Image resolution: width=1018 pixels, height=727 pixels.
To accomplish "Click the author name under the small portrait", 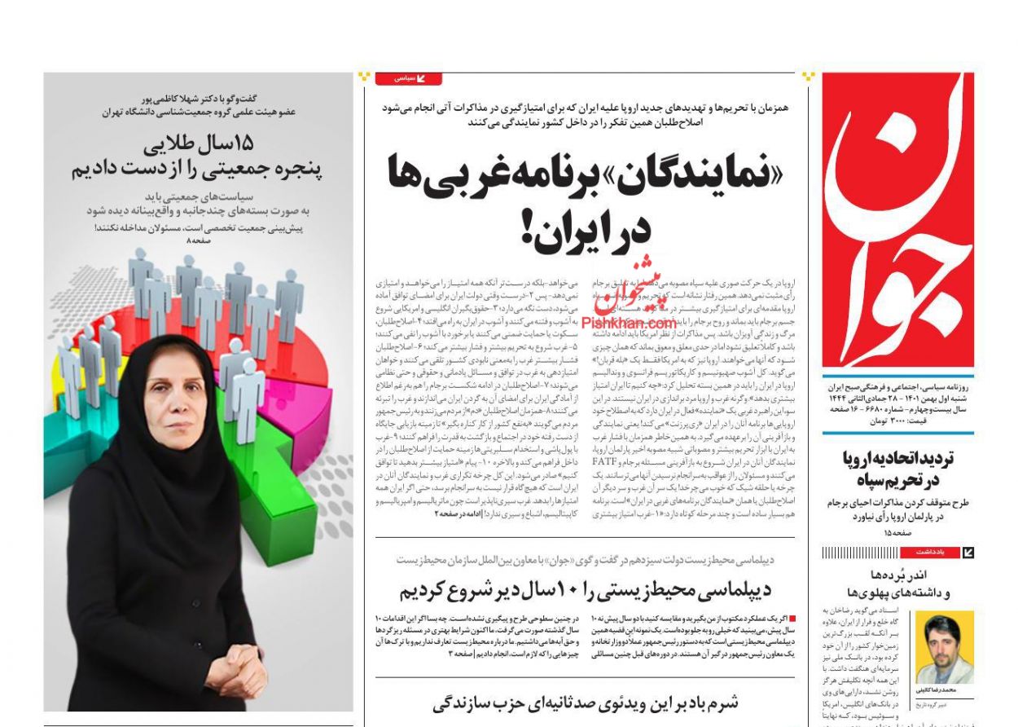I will pos(946,690).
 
